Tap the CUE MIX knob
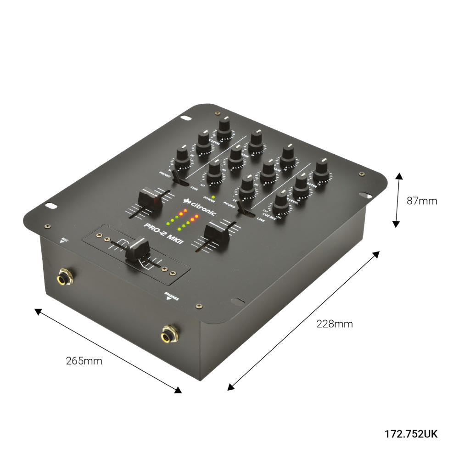(x=280, y=202)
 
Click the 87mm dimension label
(x=422, y=201)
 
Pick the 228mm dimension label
(x=335, y=324)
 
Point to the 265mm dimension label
(x=84, y=360)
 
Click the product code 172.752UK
(x=411, y=434)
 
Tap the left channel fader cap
(x=150, y=200)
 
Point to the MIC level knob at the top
(x=224, y=128)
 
